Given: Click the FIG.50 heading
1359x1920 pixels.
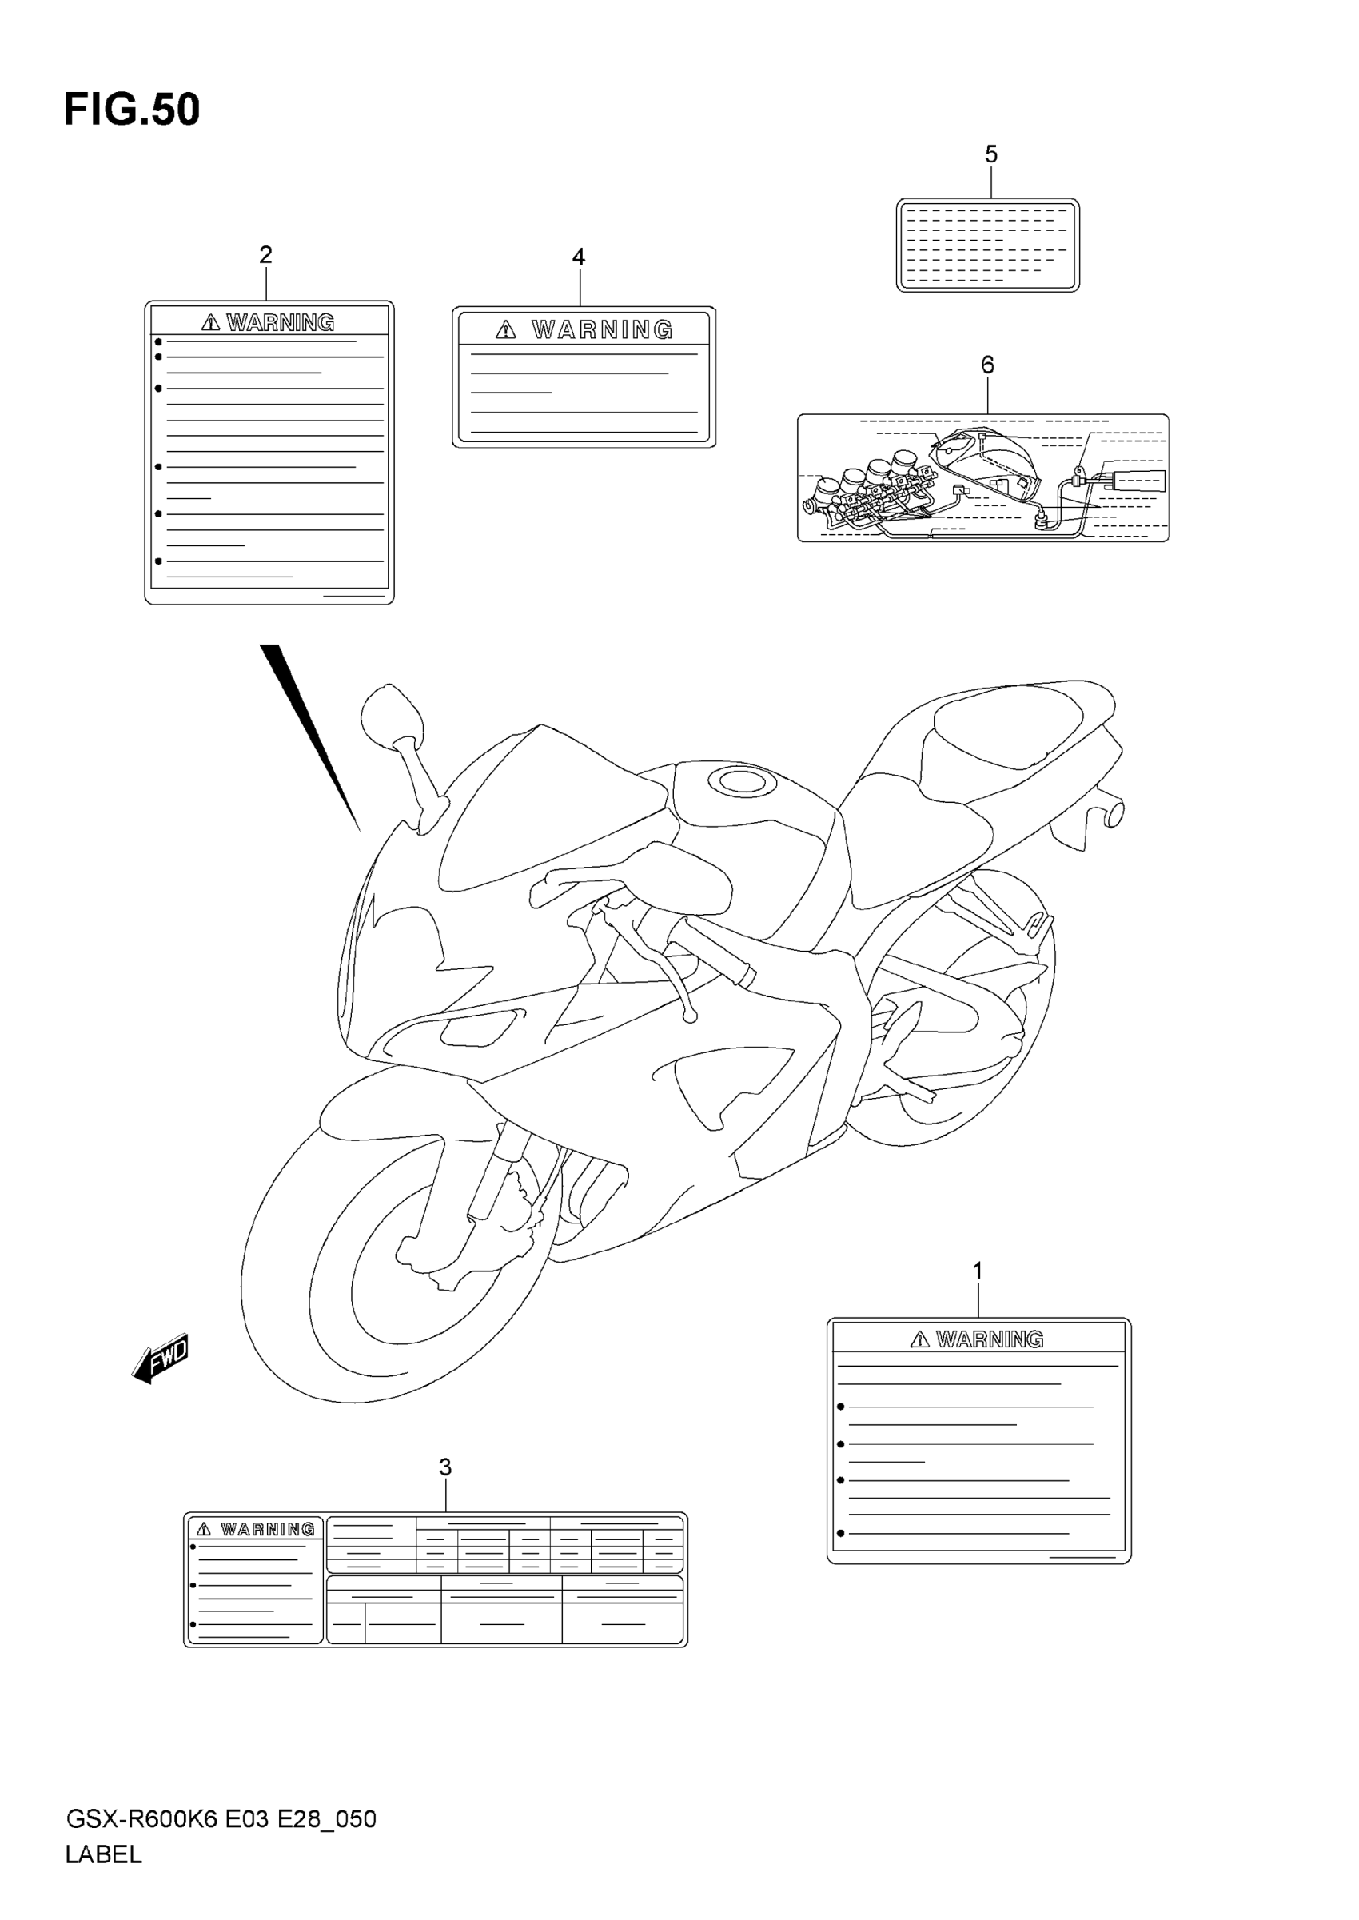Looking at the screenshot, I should [132, 110].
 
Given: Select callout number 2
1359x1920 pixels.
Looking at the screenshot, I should [266, 254].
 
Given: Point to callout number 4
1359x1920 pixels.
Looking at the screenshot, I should [578, 257].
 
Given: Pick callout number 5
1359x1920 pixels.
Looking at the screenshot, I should [990, 154].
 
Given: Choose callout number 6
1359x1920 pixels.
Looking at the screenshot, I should [987, 365].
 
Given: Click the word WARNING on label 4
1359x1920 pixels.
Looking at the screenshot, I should [602, 329].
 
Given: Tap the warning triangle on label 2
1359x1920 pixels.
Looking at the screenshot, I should [211, 322].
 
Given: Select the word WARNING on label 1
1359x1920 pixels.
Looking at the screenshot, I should [989, 1339].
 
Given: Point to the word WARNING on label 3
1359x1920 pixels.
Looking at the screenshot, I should [268, 1529].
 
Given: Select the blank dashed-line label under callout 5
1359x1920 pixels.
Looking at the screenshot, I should [987, 245].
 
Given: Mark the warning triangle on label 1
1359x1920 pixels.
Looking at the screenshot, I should [919, 1339].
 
